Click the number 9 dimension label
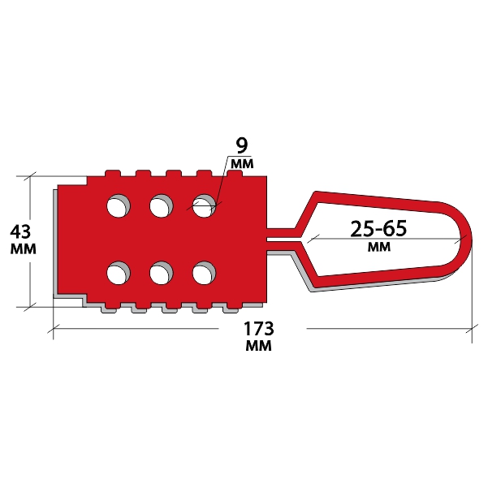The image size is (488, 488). (x=242, y=146)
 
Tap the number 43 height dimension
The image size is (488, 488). (x=20, y=231)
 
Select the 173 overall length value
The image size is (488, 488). (x=259, y=329)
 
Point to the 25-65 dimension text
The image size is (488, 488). (x=378, y=229)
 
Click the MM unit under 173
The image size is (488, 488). (x=259, y=345)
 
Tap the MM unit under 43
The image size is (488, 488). (x=24, y=249)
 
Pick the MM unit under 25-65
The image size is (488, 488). (x=379, y=247)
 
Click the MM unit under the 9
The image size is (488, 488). (x=242, y=164)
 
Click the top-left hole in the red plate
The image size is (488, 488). (x=119, y=205)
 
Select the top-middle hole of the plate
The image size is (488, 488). (x=162, y=205)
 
